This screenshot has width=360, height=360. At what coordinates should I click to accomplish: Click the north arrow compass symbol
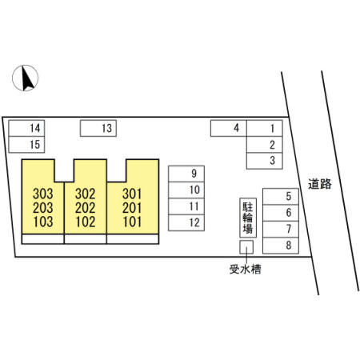point(26,78)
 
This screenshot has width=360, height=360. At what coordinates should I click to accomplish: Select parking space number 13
point(98,128)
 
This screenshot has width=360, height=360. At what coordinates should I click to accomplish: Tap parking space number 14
point(26,128)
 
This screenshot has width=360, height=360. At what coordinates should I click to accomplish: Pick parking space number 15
point(26,145)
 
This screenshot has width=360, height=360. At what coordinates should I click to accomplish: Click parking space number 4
point(229,128)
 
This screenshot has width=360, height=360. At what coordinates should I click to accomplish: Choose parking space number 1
point(265,128)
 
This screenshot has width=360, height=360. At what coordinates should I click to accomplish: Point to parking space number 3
point(265,161)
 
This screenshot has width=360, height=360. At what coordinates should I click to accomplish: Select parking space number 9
point(186,174)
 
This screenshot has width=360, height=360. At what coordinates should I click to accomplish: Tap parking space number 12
point(186,222)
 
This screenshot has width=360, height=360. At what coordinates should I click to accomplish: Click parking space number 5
point(281,197)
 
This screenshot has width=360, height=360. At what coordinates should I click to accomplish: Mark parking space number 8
point(281,246)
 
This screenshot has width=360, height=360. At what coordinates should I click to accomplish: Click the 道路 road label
point(320,184)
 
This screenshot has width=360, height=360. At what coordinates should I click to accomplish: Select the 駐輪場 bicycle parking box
point(248,218)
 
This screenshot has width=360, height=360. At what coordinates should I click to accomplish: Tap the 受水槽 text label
point(246,269)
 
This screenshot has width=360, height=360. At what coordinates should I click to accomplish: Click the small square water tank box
point(246,247)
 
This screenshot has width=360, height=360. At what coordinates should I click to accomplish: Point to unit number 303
point(43,194)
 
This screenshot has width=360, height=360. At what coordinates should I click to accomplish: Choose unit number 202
point(86,208)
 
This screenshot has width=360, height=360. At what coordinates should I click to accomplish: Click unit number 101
point(132,222)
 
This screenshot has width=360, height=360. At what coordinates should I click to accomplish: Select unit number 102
point(86,222)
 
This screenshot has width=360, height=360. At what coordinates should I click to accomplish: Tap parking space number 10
point(186,190)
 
